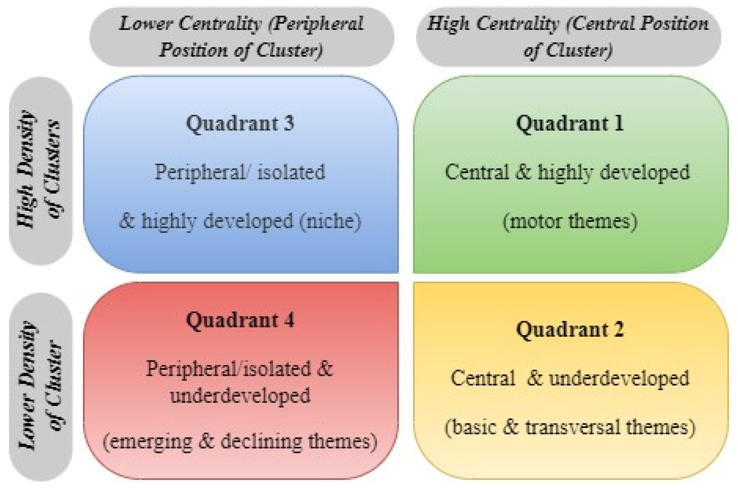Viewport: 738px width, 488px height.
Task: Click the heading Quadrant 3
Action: tap(240, 124)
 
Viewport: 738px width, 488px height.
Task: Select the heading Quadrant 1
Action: tap(570, 124)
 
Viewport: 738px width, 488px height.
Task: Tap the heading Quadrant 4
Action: tap(240, 320)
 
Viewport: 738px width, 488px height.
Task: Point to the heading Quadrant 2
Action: tap(570, 330)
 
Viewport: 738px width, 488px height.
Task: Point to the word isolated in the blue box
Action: tap(291, 172)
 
